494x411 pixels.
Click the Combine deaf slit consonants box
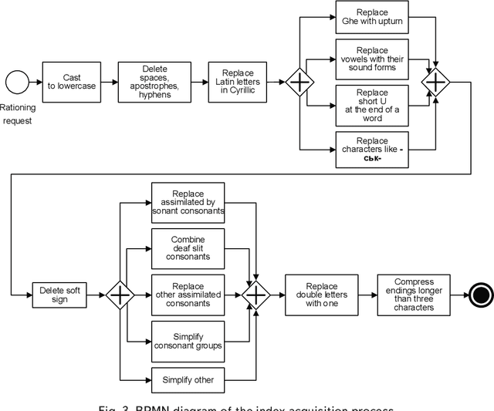pos(188,248)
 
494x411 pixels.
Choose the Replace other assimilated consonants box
pos(188,294)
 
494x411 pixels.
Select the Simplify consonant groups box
pos(188,339)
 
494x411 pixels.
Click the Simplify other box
pos(188,380)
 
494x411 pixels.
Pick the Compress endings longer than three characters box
pos(413,294)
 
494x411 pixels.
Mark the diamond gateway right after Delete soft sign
pos(120,294)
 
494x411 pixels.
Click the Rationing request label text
pos(18,114)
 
